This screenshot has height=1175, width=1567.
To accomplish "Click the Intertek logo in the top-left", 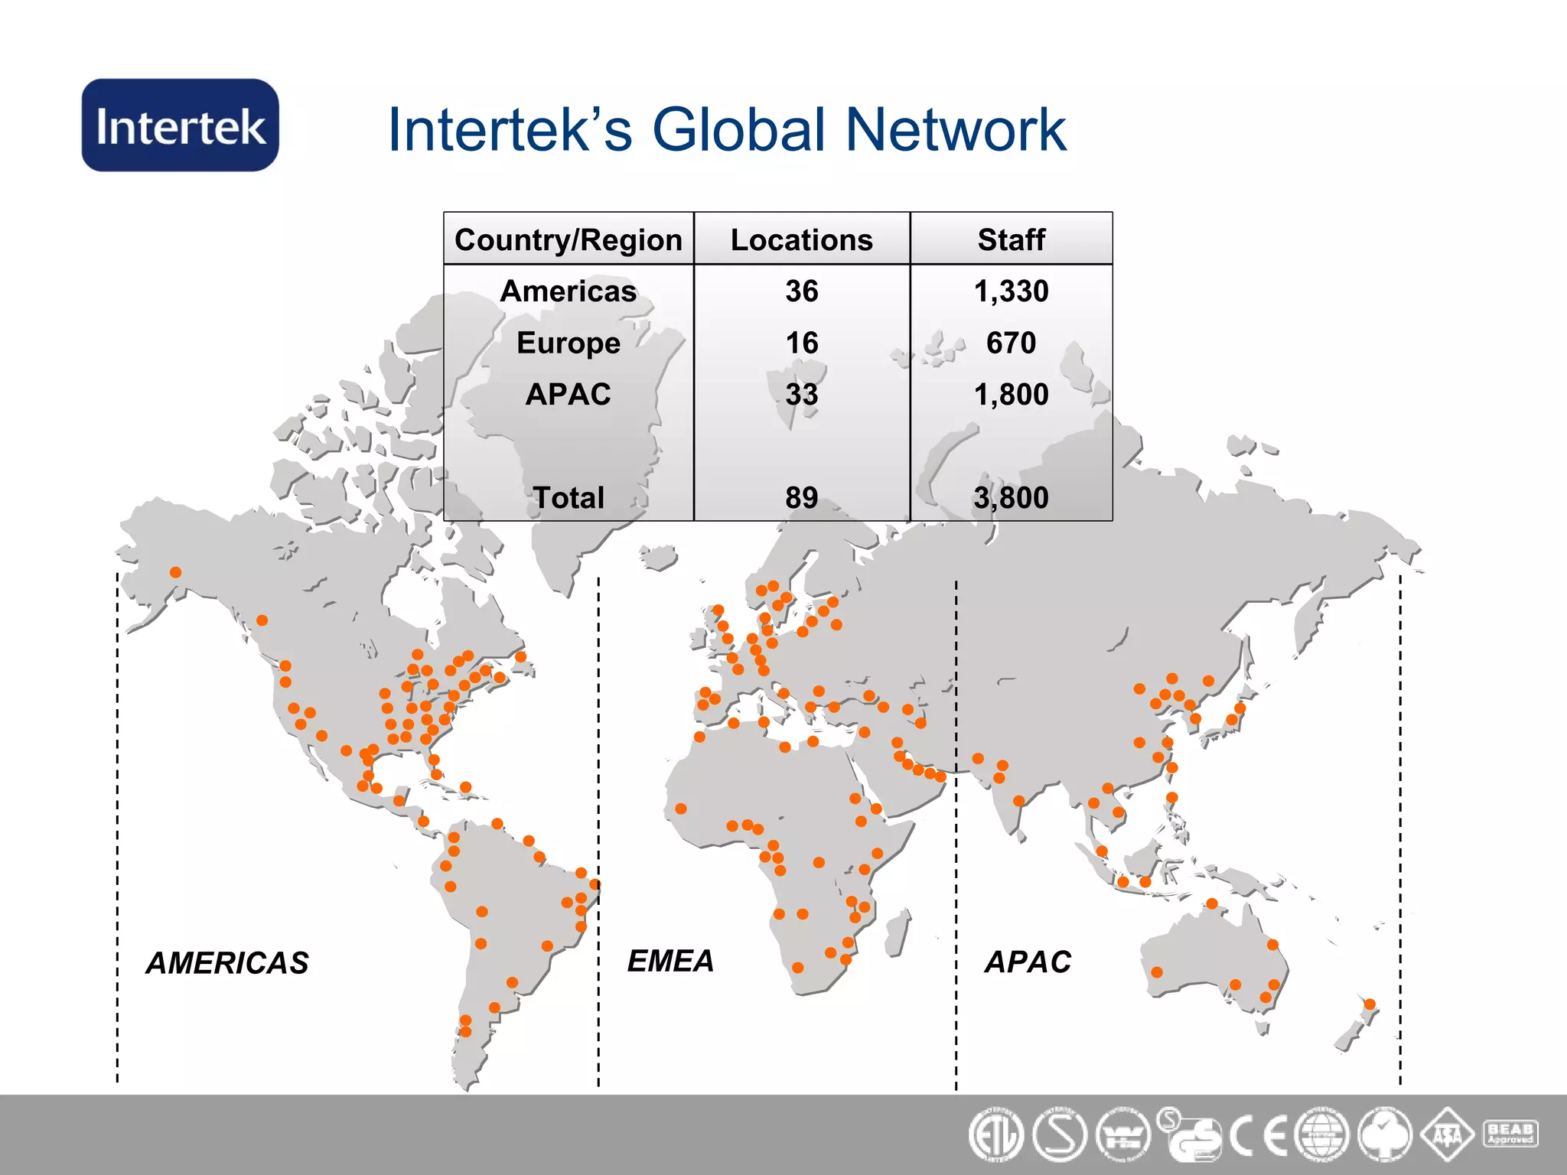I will (x=181, y=125).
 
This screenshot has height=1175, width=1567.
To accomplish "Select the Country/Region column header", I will (x=568, y=239).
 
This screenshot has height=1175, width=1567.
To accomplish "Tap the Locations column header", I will (x=801, y=239).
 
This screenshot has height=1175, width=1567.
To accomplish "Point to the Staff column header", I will (x=1011, y=239).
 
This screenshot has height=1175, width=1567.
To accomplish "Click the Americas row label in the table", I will (x=568, y=291).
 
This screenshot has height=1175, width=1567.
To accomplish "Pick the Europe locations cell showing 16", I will (x=801, y=343).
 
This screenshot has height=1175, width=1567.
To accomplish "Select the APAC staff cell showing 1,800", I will (x=1011, y=395).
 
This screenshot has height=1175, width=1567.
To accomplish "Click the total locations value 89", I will (x=801, y=498).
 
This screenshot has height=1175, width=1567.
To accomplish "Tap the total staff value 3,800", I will (x=1011, y=498).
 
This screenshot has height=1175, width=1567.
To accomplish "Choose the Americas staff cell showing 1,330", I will (x=1011, y=291).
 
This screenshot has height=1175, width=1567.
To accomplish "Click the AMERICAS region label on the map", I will (x=227, y=963).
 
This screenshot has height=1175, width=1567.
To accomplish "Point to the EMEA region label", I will (x=670, y=961).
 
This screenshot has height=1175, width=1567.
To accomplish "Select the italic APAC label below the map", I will (x=1028, y=962).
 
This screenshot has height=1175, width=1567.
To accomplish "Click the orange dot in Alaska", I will (x=175, y=572).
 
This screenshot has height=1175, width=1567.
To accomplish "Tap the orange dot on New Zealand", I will (x=1370, y=1004).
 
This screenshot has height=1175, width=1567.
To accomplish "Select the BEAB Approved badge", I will (x=1510, y=1134).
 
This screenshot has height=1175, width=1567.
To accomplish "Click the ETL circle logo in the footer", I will (x=995, y=1135).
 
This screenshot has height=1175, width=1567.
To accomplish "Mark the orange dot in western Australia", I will (x=1157, y=972).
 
